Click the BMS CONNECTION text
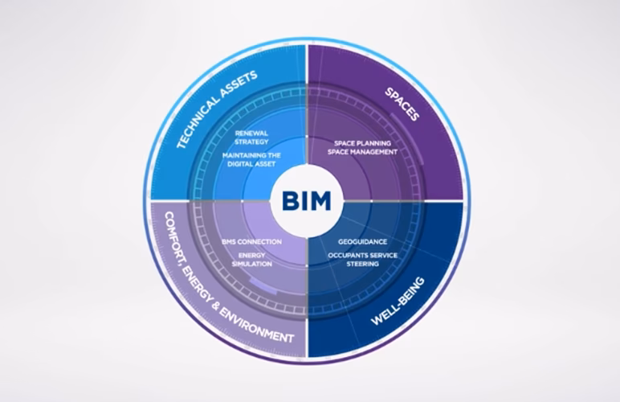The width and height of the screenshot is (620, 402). (251, 241)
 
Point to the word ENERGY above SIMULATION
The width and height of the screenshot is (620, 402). (251, 256)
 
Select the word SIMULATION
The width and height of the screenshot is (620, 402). (251, 265)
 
